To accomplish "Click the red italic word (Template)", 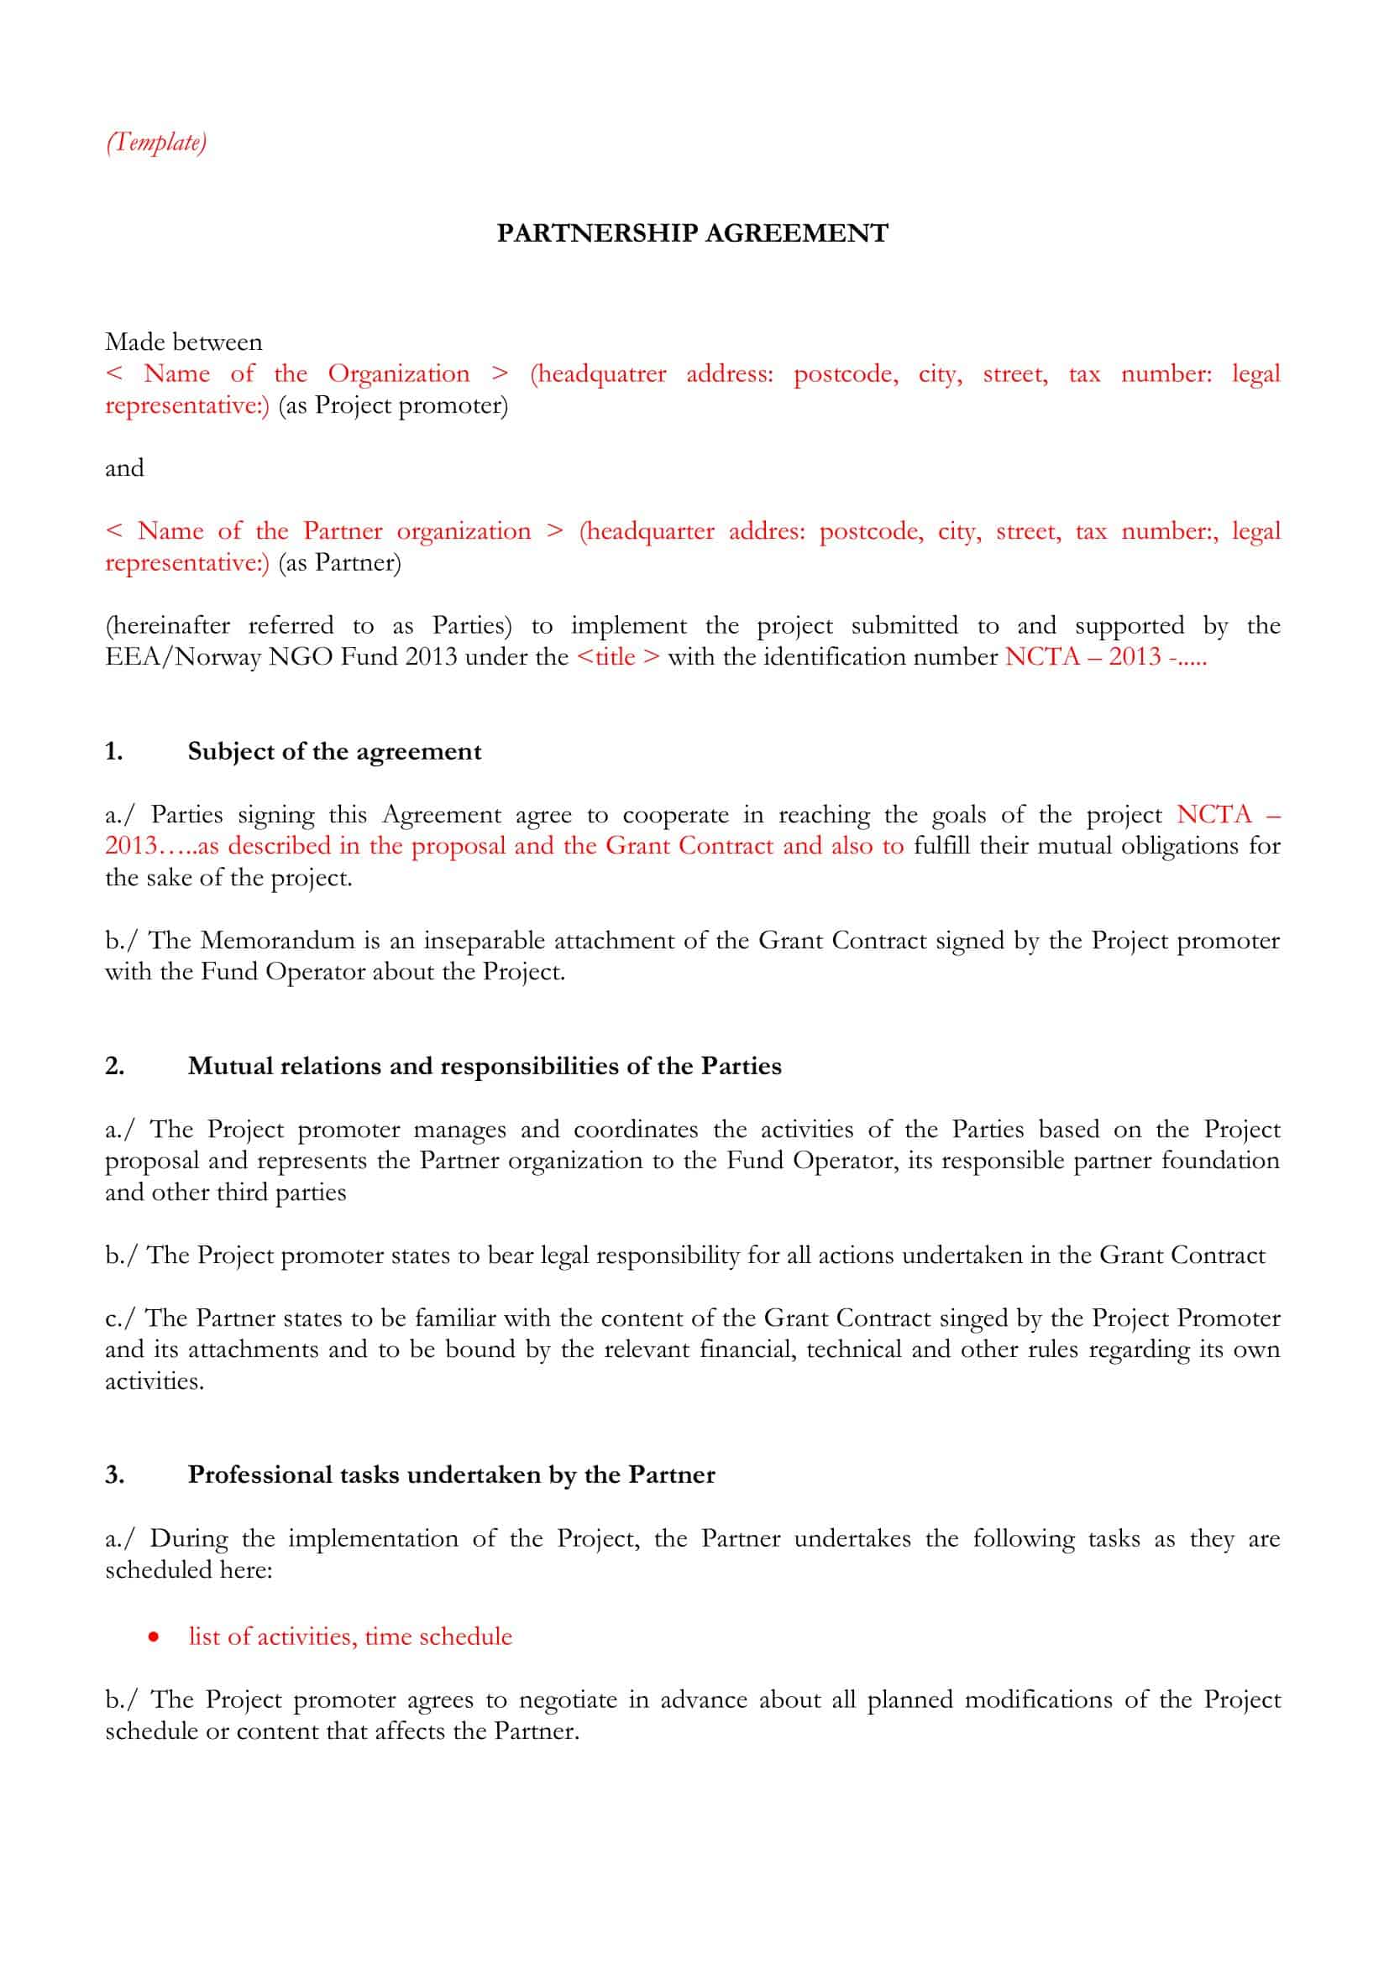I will pyautogui.click(x=155, y=142).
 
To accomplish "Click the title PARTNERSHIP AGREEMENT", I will pyautogui.click(x=692, y=233).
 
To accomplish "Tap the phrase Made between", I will pyautogui.click(x=183, y=342).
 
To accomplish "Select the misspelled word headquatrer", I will pyautogui.click(x=598, y=374).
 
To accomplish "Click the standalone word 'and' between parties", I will pyautogui.click(x=124, y=467).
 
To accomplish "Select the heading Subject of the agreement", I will pyautogui.click(x=334, y=751).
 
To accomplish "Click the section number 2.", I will pyautogui.click(x=114, y=1066).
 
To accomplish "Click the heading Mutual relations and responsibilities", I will pyautogui.click(x=484, y=1066).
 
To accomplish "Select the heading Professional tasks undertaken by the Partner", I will pyautogui.click(x=451, y=1475).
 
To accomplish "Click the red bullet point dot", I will pyautogui.click(x=153, y=1637).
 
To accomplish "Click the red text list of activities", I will pyautogui.click(x=270, y=1637).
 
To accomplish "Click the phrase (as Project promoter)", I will pyautogui.click(x=392, y=405).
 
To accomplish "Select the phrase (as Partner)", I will pyautogui.click(x=338, y=562).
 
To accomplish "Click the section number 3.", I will pyautogui.click(x=114, y=1475).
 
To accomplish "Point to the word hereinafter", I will pyautogui.click(x=168, y=626).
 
